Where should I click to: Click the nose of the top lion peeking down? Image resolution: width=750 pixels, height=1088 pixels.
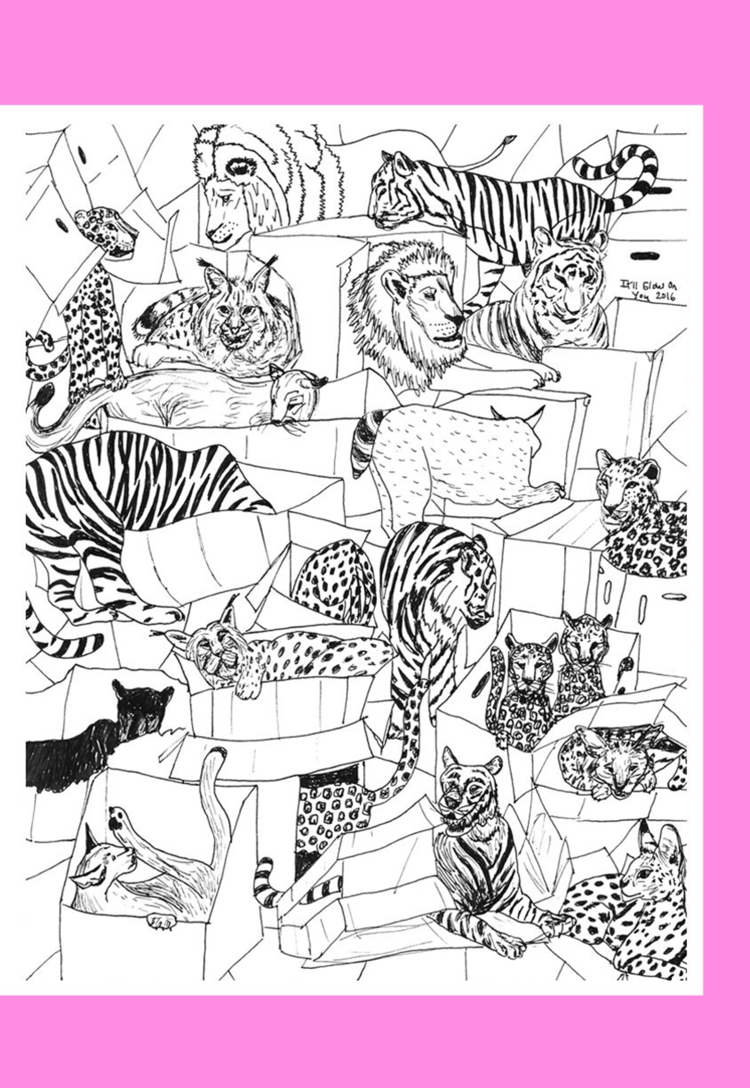[x=218, y=233]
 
